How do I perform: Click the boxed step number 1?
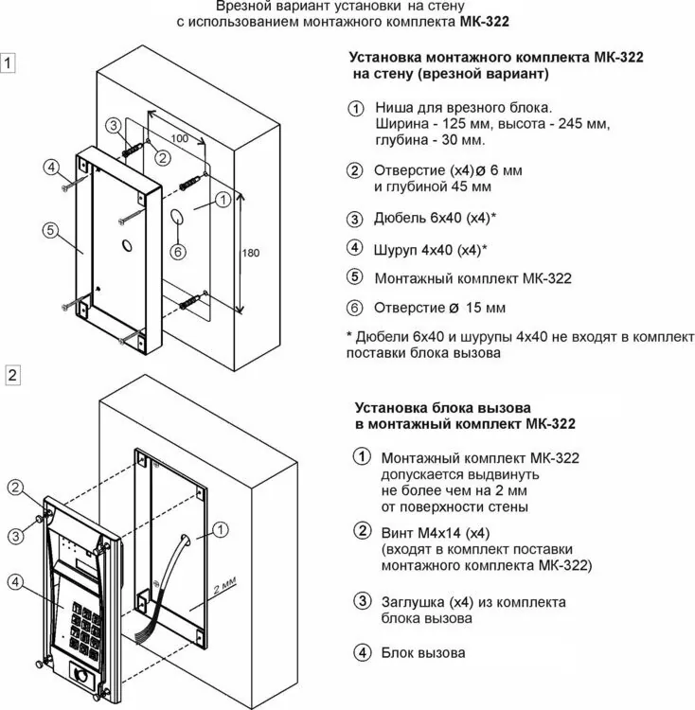click(x=8, y=62)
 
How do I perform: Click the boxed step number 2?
click(x=12, y=375)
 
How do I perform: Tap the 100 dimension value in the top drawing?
click(x=179, y=138)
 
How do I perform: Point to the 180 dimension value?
click(x=250, y=253)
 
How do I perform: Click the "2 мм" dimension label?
click(x=225, y=586)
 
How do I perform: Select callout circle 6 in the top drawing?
click(x=178, y=252)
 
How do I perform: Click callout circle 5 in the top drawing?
click(x=50, y=230)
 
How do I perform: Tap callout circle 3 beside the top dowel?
click(x=114, y=125)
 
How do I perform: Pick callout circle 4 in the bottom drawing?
click(x=16, y=582)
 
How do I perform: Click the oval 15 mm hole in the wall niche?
click(x=177, y=217)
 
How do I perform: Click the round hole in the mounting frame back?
click(x=127, y=246)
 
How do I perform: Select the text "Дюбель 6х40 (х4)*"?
click(x=435, y=218)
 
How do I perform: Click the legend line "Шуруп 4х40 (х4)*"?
click(x=430, y=250)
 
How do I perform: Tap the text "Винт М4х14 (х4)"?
click(x=436, y=533)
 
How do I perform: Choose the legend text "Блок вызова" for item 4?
click(x=423, y=653)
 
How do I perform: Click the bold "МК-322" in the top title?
click(x=484, y=21)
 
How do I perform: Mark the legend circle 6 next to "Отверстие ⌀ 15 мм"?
click(x=354, y=308)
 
